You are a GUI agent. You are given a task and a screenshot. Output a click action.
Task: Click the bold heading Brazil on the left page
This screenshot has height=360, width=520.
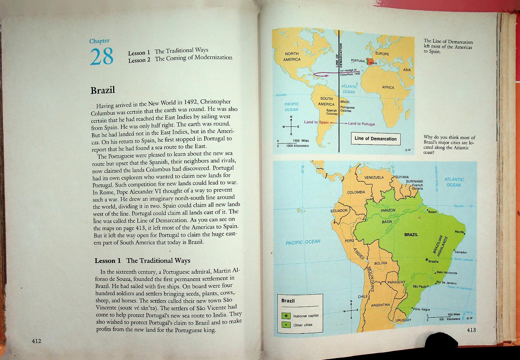tap(103, 90)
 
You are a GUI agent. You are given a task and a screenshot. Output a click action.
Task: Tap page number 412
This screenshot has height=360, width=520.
tap(36, 341)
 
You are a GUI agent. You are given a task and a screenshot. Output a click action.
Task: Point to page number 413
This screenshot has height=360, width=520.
tap(471, 330)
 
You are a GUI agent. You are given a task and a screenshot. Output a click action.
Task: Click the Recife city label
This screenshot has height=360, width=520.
tap(460, 232)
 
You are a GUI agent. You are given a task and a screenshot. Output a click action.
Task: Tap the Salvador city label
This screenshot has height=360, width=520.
tap(461, 252)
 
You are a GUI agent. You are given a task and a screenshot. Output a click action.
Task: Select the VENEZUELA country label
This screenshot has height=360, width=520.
tap(374, 177)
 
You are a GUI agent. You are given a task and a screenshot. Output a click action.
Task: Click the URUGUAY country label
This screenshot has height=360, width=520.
tap(403, 320)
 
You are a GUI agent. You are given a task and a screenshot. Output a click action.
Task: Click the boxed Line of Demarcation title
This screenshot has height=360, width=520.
tap(375, 139)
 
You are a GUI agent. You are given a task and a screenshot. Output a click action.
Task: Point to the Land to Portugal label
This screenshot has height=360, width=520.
tap(361, 124)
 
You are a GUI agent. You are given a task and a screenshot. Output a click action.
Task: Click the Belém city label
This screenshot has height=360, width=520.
tap(432, 212)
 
